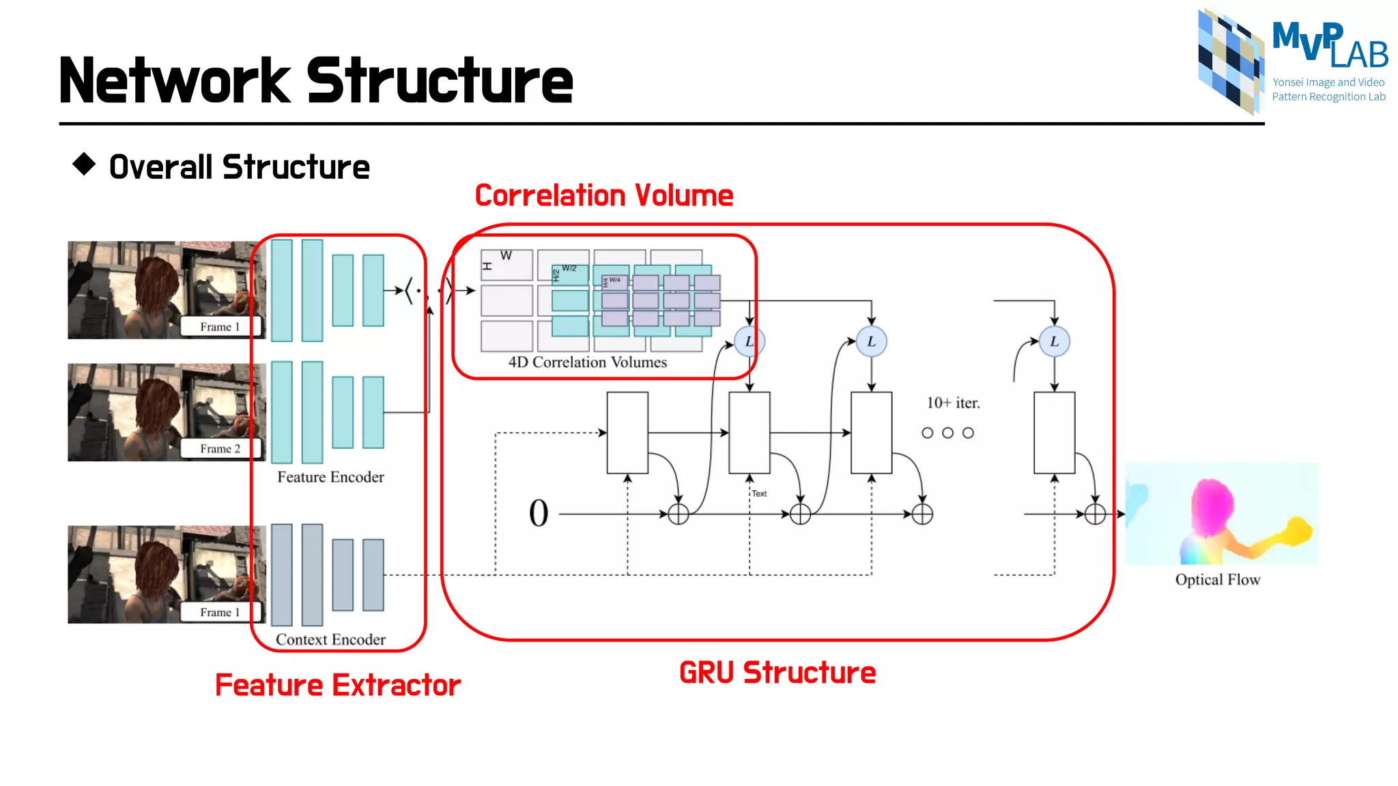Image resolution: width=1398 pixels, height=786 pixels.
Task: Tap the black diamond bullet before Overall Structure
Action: tap(84, 164)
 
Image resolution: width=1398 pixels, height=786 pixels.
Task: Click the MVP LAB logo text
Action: tap(1328, 45)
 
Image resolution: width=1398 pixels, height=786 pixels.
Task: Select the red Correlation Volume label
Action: tap(603, 196)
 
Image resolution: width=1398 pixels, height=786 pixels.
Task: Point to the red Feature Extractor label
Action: tap(338, 685)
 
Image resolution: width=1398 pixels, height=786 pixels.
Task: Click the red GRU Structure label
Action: tap(777, 673)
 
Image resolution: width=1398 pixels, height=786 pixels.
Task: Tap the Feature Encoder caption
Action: tap(330, 477)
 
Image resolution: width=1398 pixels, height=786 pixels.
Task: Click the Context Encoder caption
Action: tap(330, 639)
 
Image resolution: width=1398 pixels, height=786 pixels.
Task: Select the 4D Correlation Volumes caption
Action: tap(587, 362)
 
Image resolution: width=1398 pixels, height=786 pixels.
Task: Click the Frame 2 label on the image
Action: tap(220, 448)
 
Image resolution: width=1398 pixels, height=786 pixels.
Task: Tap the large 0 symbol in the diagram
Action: tap(539, 513)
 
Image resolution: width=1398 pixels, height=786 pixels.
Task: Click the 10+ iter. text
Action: tap(953, 403)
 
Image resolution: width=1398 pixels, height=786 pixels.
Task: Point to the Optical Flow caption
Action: tap(1217, 579)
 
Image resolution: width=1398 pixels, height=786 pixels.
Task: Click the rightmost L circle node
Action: tap(1054, 341)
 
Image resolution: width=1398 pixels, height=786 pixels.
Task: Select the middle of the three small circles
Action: tap(947, 433)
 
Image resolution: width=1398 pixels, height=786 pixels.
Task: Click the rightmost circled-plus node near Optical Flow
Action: tap(1095, 514)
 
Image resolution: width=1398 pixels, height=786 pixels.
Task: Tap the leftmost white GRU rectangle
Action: tap(627, 433)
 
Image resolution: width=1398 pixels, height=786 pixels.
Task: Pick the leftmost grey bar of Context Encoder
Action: tap(281, 574)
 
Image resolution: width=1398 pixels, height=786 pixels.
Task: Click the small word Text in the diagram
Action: tap(759, 493)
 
